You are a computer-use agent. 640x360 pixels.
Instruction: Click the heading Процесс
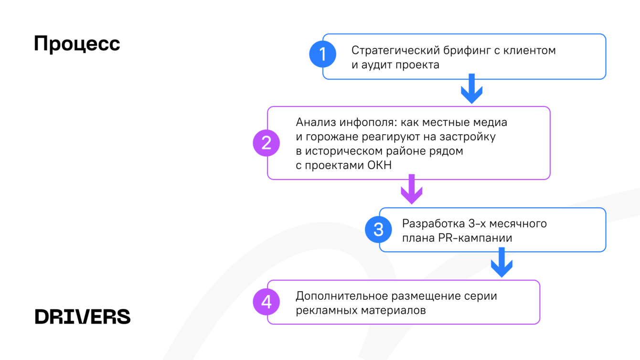pyautogui.click(x=77, y=44)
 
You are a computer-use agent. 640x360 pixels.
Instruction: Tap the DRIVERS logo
pyautogui.click(x=83, y=317)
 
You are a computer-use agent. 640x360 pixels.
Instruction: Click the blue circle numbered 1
pyautogui.click(x=323, y=54)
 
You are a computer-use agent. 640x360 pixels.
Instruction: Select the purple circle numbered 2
pyautogui.click(x=267, y=143)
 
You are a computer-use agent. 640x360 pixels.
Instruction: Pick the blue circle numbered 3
pyautogui.click(x=378, y=230)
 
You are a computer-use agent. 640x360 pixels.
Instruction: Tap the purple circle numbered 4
pyautogui.click(x=267, y=302)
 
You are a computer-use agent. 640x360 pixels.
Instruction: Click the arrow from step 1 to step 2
pyautogui.click(x=471, y=89)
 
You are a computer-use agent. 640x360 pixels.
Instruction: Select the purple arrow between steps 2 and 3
pyautogui.click(x=412, y=189)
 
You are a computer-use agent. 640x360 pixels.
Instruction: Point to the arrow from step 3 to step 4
pyautogui.click(x=501, y=262)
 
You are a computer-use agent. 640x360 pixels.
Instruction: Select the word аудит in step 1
pyautogui.click(x=376, y=65)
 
